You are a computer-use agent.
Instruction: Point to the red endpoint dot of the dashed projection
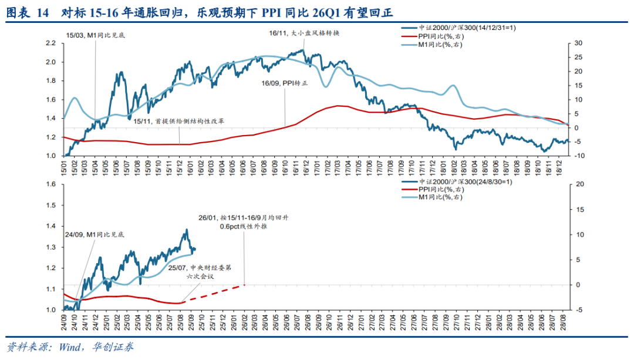coord(244,285)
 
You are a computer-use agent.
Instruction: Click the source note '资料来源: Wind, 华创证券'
coord(69,347)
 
